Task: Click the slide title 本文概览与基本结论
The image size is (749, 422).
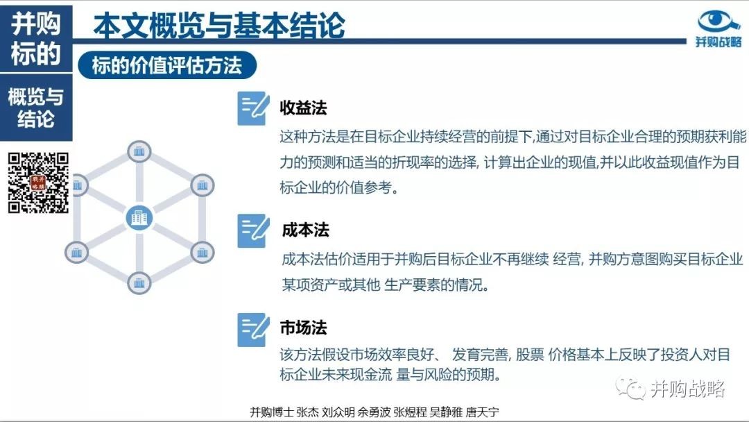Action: pos(218,25)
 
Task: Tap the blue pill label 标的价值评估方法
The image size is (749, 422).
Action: pos(167,65)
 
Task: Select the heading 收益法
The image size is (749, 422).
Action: pos(303,108)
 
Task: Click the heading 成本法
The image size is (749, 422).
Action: pos(305,230)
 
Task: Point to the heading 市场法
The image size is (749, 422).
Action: pos(303,328)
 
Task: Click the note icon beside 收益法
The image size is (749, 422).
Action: pos(253,108)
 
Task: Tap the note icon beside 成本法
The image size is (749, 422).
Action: pos(253,231)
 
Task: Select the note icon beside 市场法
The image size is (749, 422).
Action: pos(253,330)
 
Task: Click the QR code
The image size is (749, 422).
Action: pos(38,183)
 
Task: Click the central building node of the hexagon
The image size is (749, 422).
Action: pos(139,217)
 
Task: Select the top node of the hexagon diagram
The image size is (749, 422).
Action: pos(139,152)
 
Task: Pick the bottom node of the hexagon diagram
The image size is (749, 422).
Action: pos(139,283)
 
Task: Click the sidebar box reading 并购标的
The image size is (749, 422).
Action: pos(36,38)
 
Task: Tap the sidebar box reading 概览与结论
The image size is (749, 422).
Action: pos(36,108)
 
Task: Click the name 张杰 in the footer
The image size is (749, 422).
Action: pos(307,412)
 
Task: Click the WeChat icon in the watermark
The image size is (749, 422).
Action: pos(630,388)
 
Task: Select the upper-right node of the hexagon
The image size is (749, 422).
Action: pos(202,185)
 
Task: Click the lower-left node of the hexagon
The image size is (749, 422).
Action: pos(76,253)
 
